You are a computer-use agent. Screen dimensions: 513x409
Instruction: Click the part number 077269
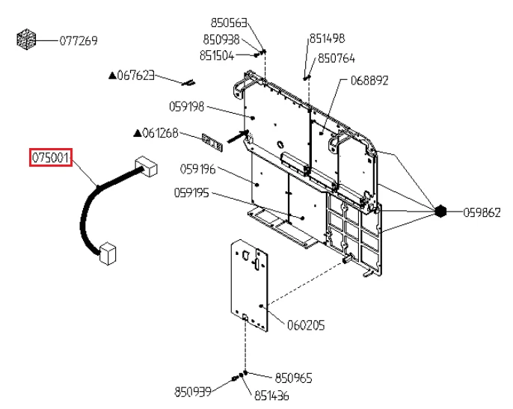pyautogui.click(x=79, y=41)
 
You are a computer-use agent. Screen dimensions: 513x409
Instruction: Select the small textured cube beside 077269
pyautogui.click(x=26, y=40)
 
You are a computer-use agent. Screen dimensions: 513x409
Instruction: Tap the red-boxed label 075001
pyautogui.click(x=51, y=158)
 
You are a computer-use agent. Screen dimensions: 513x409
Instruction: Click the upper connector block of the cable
pyautogui.click(x=147, y=167)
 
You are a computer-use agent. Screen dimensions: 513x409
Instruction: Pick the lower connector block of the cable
pyautogui.click(x=108, y=253)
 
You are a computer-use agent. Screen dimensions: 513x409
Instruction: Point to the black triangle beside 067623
pyautogui.click(x=112, y=76)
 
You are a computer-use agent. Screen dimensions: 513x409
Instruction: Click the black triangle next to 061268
pyautogui.click(x=138, y=133)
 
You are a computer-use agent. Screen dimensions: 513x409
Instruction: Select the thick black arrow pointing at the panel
pyautogui.click(x=238, y=136)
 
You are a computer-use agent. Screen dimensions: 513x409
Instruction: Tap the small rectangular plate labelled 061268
pyautogui.click(x=212, y=142)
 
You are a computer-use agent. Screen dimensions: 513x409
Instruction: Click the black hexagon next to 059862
pyautogui.click(x=440, y=212)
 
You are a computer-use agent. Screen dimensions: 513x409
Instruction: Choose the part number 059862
pyautogui.click(x=482, y=212)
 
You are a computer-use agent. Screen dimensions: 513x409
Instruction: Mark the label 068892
pyautogui.click(x=369, y=81)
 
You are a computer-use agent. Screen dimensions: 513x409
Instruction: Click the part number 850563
pyautogui.click(x=229, y=23)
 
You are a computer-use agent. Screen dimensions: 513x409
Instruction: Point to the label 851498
pyautogui.click(x=328, y=38)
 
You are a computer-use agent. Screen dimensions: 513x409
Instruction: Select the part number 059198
pyautogui.click(x=186, y=107)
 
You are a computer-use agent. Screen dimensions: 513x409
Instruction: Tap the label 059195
pyautogui.click(x=191, y=193)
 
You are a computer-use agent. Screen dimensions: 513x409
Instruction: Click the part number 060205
pyautogui.click(x=306, y=325)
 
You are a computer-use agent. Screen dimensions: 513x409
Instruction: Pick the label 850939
pyautogui.click(x=193, y=392)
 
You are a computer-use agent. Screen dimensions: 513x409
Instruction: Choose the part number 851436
pyautogui.click(x=272, y=396)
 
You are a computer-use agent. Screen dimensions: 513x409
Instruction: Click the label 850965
pyautogui.click(x=293, y=378)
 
